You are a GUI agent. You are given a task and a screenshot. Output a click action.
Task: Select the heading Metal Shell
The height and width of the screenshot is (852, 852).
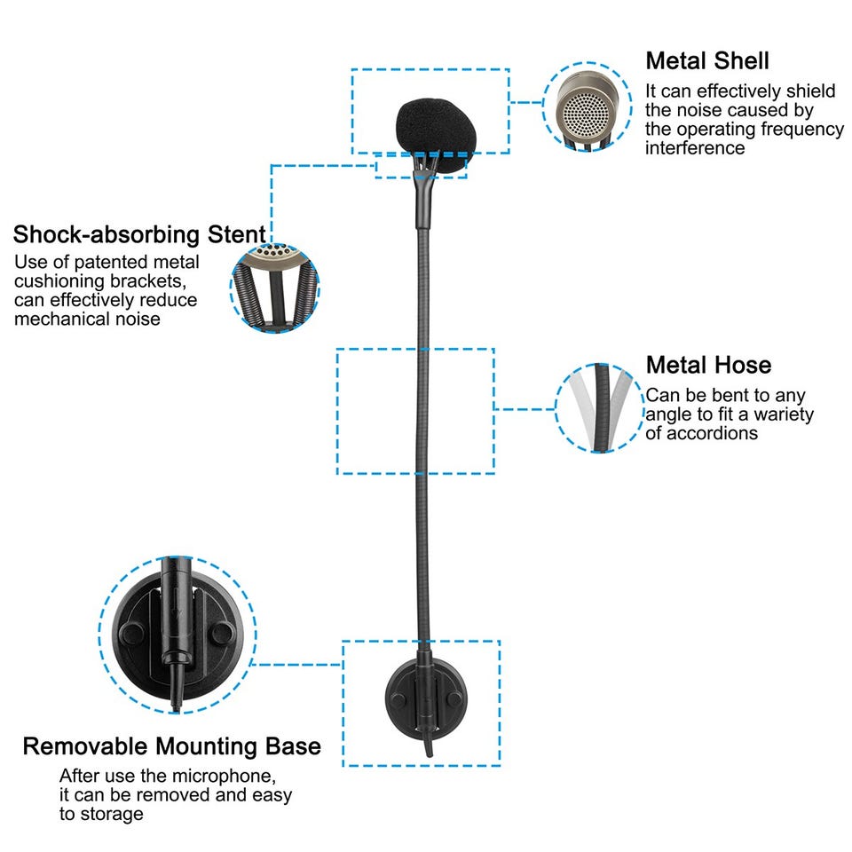click(706, 61)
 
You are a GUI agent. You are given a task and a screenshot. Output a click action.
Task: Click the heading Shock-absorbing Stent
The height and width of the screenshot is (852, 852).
click(139, 235)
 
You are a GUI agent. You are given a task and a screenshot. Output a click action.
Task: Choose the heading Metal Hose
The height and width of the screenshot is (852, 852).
click(708, 365)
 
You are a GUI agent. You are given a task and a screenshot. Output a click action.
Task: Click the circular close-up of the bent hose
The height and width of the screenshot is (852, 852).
click(601, 407)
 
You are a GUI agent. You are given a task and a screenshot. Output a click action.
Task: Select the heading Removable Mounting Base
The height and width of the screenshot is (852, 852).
click(171, 746)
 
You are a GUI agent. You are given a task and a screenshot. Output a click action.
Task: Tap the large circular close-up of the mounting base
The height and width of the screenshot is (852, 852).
click(177, 635)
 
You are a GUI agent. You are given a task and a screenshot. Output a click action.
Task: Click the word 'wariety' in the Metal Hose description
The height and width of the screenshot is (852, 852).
click(784, 414)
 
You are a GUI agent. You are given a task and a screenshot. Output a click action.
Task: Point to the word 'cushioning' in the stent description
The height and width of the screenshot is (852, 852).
click(62, 281)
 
